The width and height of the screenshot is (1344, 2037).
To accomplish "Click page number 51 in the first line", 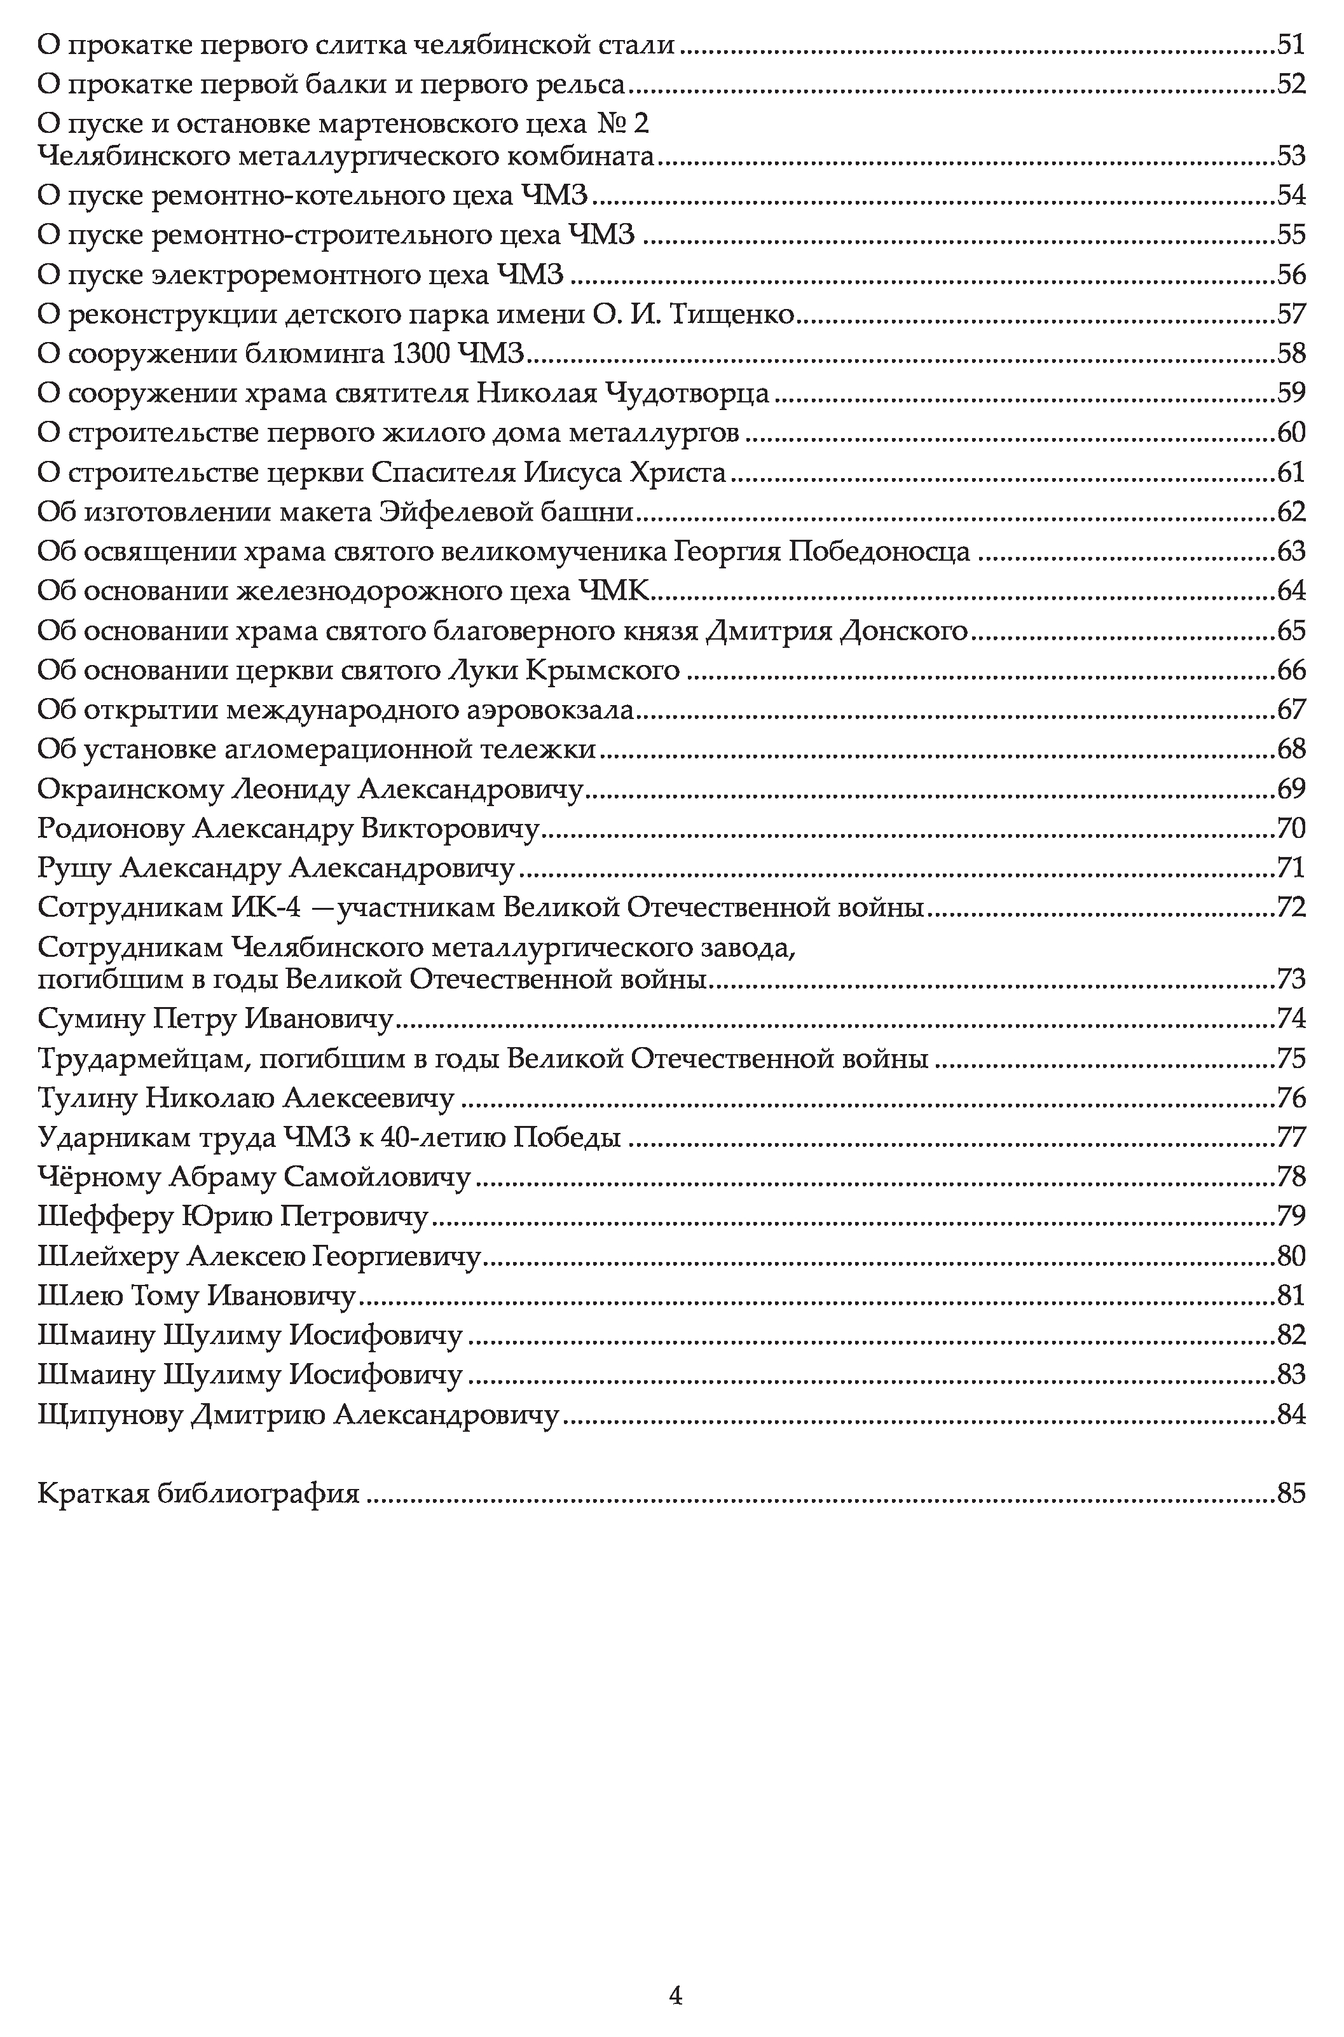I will tap(1291, 45).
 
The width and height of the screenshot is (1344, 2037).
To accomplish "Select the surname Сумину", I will tap(92, 1019).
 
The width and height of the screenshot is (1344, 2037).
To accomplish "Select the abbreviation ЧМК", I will tap(615, 591).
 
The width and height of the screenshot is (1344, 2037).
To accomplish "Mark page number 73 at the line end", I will tap(1291, 978).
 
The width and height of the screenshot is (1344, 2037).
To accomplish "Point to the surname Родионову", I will tap(111, 828).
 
